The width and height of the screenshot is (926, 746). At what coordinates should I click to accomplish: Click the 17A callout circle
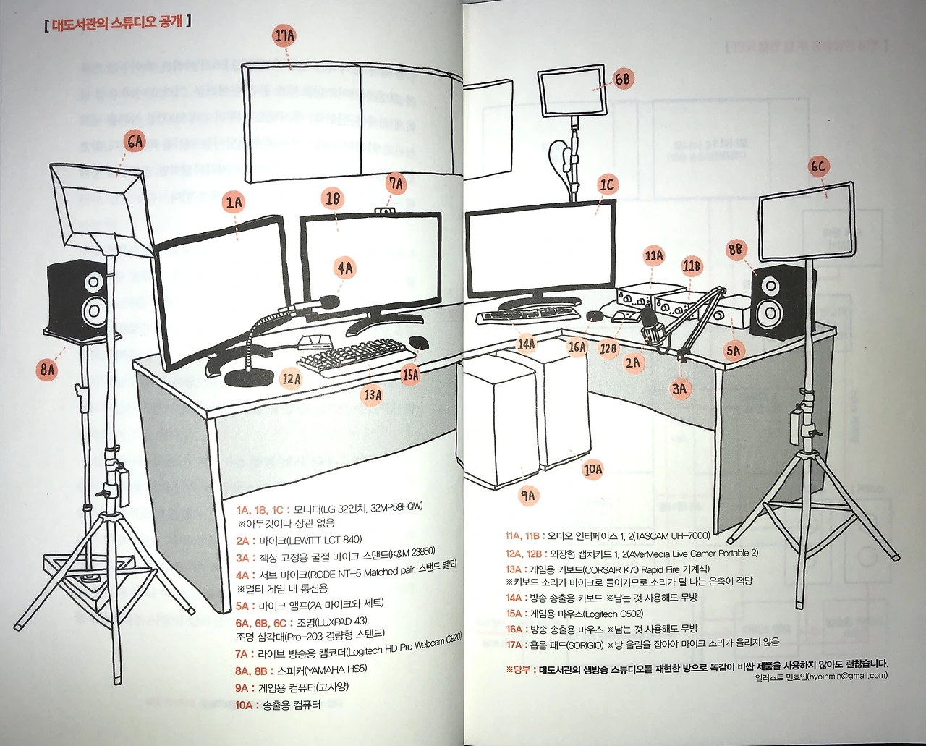pyautogui.click(x=284, y=35)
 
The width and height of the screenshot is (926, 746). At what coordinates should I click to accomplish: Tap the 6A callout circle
pyautogui.click(x=135, y=141)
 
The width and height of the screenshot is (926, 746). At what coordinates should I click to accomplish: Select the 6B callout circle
pyautogui.click(x=622, y=80)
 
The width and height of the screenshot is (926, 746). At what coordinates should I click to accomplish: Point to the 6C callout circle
pyautogui.click(x=817, y=166)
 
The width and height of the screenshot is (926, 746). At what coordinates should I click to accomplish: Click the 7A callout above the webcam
pyautogui.click(x=396, y=184)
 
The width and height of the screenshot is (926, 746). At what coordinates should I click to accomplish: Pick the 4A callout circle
pyautogui.click(x=345, y=268)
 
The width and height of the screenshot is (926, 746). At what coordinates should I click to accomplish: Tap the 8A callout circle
pyautogui.click(x=47, y=370)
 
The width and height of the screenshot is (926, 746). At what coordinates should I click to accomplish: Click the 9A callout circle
pyautogui.click(x=528, y=496)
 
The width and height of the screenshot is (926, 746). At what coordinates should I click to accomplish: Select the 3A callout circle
pyautogui.click(x=679, y=389)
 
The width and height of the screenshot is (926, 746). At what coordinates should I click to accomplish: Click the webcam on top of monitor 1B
pyautogui.click(x=387, y=211)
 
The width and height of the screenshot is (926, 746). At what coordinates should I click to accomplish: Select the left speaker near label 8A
pyautogui.click(x=78, y=297)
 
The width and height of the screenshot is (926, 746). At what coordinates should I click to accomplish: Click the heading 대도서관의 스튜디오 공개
pyautogui.click(x=116, y=22)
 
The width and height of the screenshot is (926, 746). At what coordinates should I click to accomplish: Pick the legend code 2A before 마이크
pyautogui.click(x=242, y=541)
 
